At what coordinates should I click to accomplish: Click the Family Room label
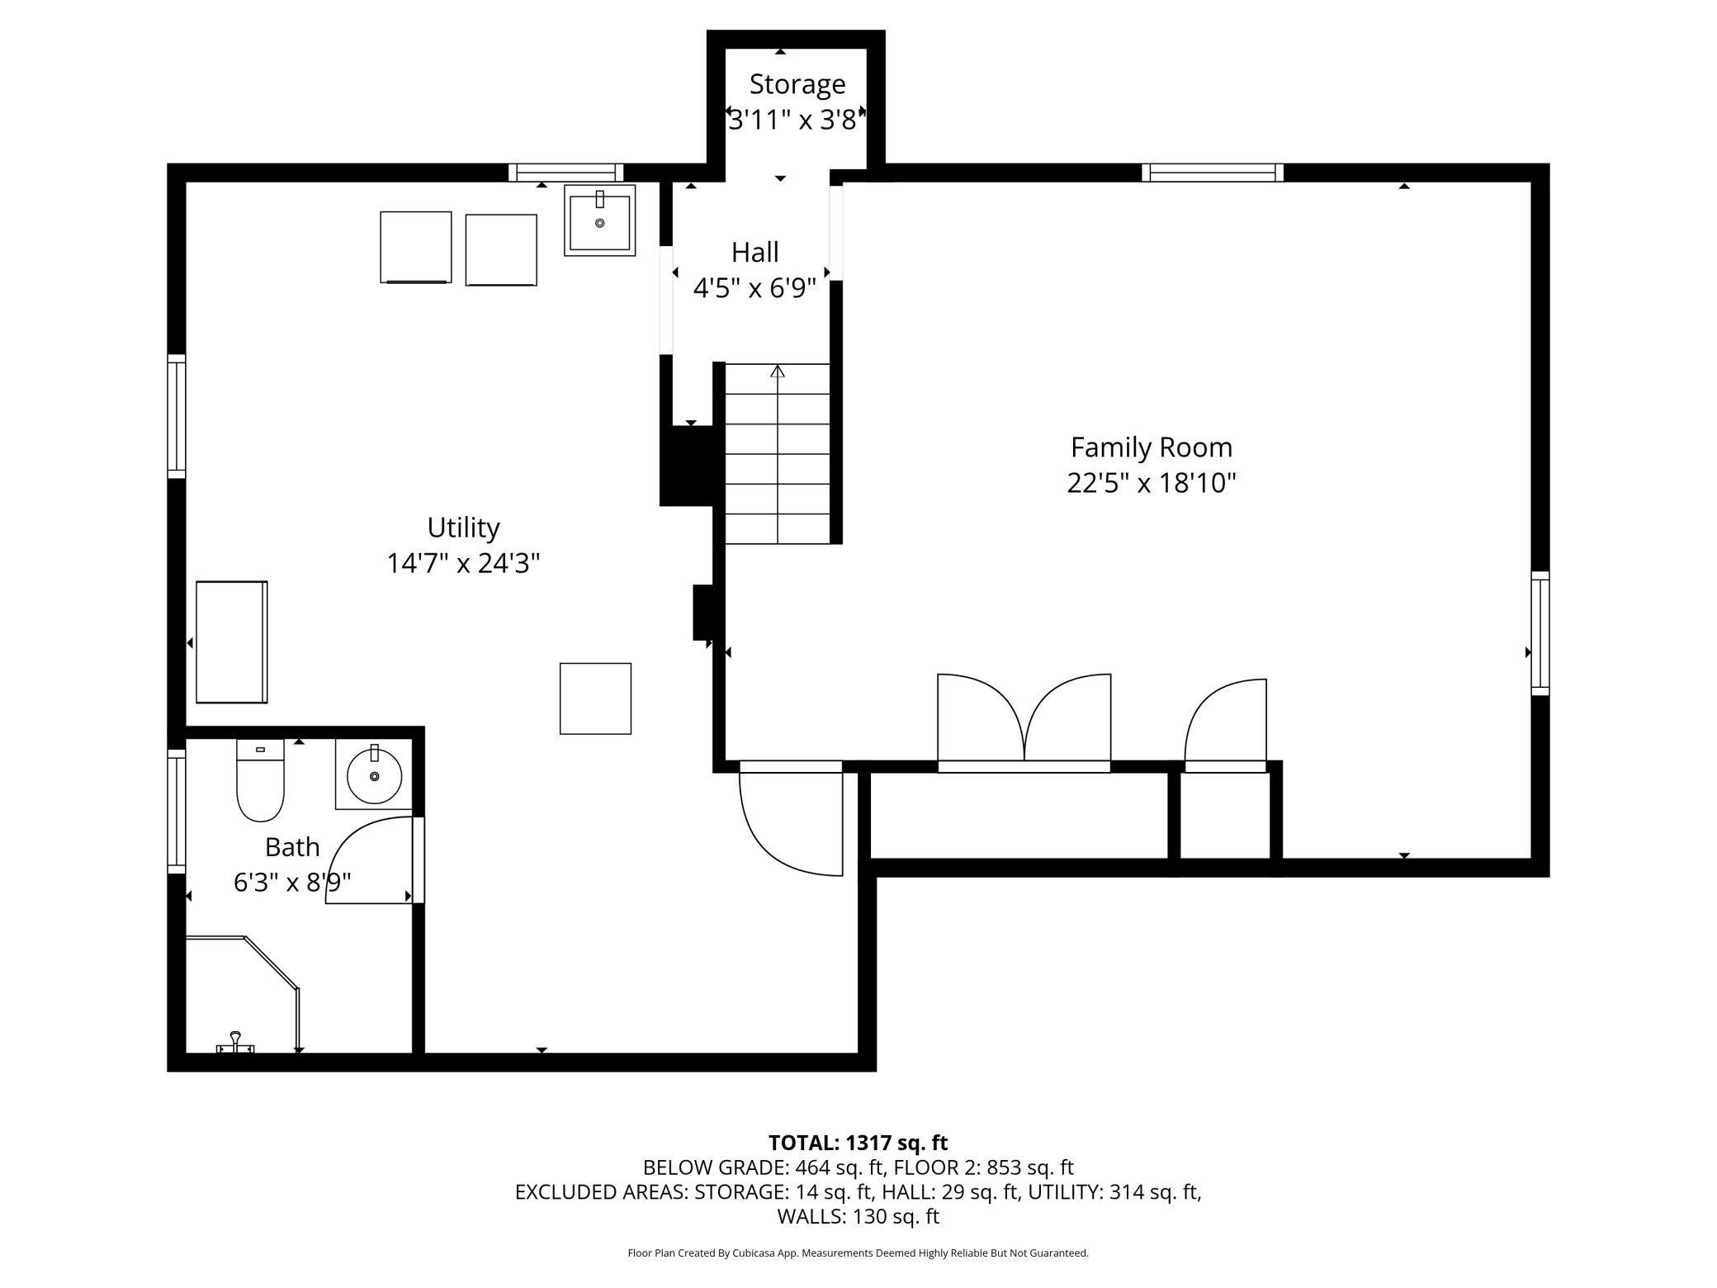(1151, 447)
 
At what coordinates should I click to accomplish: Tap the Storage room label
(797, 84)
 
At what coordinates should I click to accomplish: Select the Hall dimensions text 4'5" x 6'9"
(754, 288)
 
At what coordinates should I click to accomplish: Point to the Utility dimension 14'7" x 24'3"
(463, 563)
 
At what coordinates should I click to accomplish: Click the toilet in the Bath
(260, 780)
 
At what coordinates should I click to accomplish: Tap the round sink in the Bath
(374, 775)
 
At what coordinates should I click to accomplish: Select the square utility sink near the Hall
(600, 220)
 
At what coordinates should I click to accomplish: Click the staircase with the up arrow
(778, 453)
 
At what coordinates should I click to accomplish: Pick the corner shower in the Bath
(242, 995)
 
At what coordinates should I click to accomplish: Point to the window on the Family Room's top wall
(1213, 173)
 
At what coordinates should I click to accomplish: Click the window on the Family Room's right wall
(1540, 633)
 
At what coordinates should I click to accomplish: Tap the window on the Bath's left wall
(177, 811)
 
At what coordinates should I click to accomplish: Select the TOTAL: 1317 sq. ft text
(858, 1143)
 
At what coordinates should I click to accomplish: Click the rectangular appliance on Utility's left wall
(232, 642)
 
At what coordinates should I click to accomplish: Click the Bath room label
(292, 847)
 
